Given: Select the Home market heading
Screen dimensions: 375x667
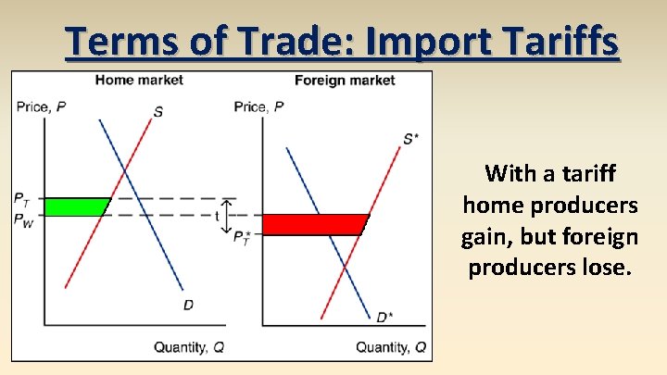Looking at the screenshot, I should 139,80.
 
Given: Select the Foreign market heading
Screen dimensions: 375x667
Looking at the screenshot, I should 345,80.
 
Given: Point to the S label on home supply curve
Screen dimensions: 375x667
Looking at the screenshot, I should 158,112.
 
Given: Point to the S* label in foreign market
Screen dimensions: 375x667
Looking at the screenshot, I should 410,139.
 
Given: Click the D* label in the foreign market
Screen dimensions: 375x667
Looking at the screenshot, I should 383,317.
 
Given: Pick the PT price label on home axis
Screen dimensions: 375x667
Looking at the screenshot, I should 22,197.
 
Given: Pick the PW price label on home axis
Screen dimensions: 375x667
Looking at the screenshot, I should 23,219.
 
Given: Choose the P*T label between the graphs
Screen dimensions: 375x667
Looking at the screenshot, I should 242,239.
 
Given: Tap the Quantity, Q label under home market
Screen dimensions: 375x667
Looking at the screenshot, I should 188,347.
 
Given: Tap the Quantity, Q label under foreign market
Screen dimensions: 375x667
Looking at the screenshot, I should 391,347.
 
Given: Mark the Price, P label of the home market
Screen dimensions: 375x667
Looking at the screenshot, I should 41,107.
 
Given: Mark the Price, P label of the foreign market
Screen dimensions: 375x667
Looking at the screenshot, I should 258,107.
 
